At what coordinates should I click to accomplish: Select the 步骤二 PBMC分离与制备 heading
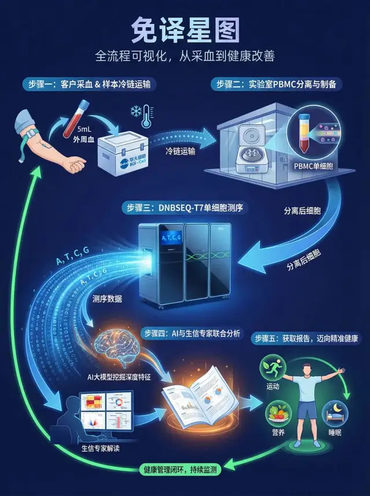[x=279, y=84]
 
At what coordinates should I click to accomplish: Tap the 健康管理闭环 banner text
[x=172, y=470]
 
